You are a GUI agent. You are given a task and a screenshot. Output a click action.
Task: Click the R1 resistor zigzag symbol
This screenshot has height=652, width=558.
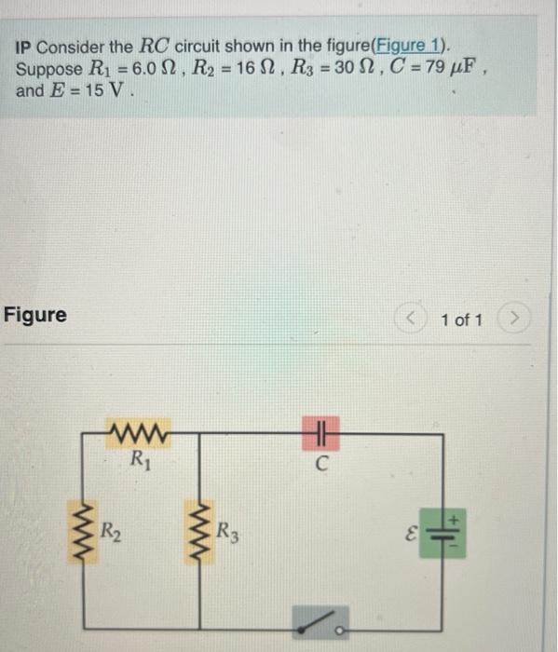[137, 434]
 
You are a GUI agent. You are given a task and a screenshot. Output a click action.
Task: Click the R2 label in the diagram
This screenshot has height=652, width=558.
[109, 534]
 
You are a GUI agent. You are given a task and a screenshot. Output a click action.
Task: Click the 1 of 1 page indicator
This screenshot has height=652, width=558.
[463, 320]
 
